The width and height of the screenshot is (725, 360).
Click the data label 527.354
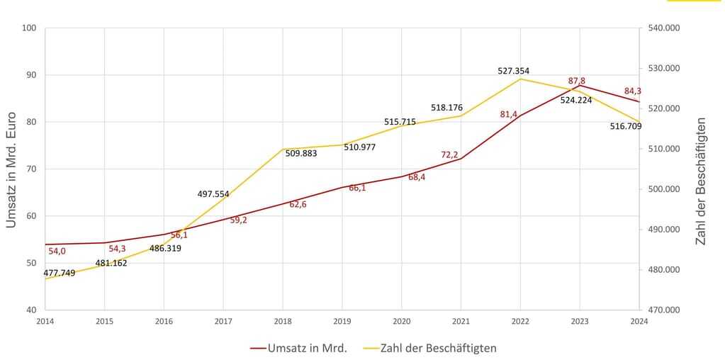click(513, 71)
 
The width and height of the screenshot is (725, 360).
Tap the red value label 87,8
click(576, 81)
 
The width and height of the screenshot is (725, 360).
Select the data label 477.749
click(60, 273)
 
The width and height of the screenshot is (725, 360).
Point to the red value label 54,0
click(57, 251)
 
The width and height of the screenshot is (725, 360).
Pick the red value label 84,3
click(632, 91)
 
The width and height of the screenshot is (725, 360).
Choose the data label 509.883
click(301, 153)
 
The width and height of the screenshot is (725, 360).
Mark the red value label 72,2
click(449, 154)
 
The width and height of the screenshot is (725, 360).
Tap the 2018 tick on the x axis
click(282, 320)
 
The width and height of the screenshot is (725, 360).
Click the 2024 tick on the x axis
click(639, 320)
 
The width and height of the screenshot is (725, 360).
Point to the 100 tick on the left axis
click(29, 28)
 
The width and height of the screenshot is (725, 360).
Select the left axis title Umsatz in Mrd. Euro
click(11, 169)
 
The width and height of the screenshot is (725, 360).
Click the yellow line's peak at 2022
click(520, 79)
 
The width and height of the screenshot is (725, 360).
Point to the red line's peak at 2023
click(580, 86)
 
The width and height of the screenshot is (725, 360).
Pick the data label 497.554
click(213, 193)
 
